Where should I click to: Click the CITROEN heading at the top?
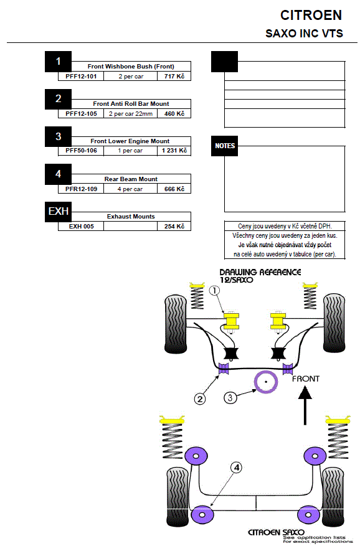[311, 16]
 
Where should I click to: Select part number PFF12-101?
[81, 76]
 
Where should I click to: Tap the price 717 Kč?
[174, 76]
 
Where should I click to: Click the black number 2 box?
[58, 99]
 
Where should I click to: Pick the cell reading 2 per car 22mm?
[131, 114]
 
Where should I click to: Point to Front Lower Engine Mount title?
[130, 141]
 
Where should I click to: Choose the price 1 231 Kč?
[174, 151]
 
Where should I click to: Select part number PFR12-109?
[81, 189]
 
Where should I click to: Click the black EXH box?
[58, 212]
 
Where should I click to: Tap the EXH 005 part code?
[81, 227]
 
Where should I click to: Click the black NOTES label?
[224, 146]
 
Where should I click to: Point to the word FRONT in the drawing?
[306, 379]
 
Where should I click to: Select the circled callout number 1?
[214, 290]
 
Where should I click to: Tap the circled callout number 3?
[230, 398]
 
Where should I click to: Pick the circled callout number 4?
[237, 468]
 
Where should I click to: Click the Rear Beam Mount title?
[131, 179]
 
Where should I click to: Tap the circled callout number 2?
[200, 399]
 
